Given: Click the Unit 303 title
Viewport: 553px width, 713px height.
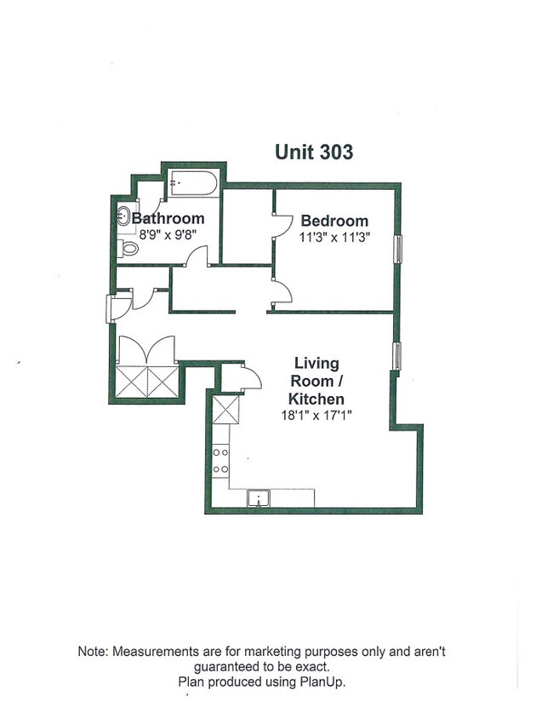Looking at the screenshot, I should pos(313,152).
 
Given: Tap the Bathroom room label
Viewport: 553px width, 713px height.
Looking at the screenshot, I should pos(168,218).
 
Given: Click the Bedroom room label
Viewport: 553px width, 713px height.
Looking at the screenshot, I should pos(334,221).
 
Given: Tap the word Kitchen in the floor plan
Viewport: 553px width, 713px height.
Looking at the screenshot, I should pos(316,399).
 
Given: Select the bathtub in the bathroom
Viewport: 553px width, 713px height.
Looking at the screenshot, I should pos(194,183).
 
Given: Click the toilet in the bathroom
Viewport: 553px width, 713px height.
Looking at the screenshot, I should pos(128,248).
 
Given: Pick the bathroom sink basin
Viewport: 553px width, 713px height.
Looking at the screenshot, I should pos(123,216).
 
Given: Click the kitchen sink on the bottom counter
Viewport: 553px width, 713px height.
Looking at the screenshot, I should pos(258,497).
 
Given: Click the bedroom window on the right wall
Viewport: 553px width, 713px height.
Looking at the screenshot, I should pos(397,251).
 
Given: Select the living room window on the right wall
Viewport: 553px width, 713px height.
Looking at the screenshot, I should pos(397,355).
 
